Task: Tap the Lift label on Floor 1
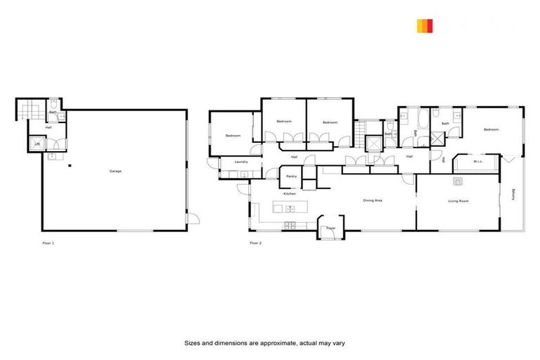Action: tap(38, 145)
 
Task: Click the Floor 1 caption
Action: tap(48, 243)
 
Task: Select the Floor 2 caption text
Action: tap(255, 243)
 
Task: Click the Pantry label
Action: tap(291, 176)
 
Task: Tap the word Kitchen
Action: tap(289, 193)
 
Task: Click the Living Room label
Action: tap(458, 201)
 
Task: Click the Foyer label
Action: tap(330, 229)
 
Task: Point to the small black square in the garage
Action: tap(70, 167)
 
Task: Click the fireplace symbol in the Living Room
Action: tap(458, 181)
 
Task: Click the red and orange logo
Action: tap(424, 26)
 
